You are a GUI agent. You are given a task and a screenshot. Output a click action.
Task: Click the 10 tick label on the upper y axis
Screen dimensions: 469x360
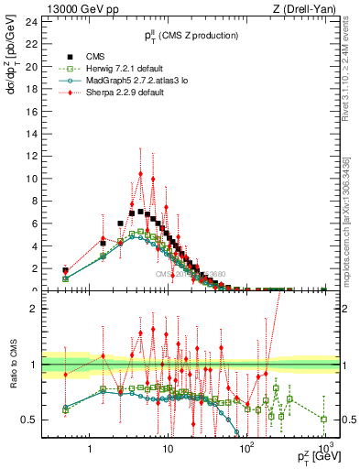(36, 179)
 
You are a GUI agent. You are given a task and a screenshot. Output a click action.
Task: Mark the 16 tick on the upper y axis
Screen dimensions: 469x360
(36, 112)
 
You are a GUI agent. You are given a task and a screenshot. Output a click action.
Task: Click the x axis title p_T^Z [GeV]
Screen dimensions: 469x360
(317, 459)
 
